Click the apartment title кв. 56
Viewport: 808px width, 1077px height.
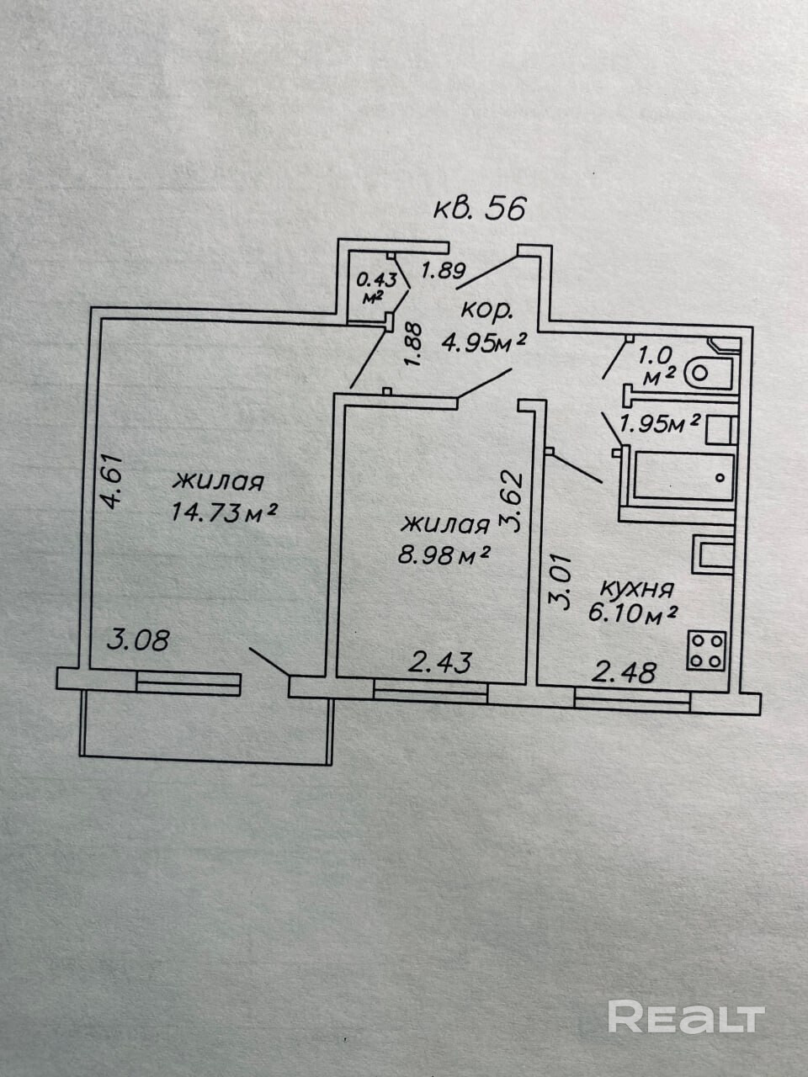(x=479, y=207)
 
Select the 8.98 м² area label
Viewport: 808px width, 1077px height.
(x=446, y=554)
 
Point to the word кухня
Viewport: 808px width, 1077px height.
(x=635, y=587)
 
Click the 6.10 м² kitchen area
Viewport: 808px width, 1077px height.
(x=634, y=614)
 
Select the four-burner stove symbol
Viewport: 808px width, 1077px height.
(x=707, y=650)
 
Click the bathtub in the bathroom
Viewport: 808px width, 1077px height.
(x=682, y=477)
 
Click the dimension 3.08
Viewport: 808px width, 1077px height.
(x=139, y=640)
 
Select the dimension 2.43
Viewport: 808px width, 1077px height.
(x=439, y=662)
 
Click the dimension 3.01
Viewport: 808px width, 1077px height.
(x=560, y=581)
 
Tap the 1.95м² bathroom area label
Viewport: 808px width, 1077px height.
(x=660, y=424)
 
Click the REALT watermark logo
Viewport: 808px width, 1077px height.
(x=685, y=1017)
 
